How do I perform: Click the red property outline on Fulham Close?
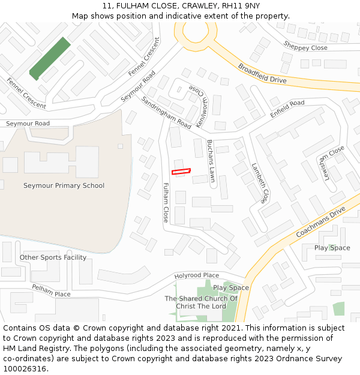click(181, 172)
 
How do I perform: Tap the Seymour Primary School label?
click(64, 185)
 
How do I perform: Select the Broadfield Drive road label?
click(262, 73)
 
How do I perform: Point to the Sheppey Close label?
click(305, 46)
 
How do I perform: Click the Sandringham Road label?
click(166, 112)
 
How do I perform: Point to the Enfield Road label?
click(287, 109)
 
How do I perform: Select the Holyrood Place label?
click(196, 275)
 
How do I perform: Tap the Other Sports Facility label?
click(53, 257)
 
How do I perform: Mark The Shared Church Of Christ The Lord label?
click(201, 302)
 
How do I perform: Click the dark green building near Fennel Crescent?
click(50, 58)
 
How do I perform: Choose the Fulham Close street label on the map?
click(166, 203)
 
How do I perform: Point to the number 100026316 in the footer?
click(25, 368)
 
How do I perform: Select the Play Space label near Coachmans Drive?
click(332, 248)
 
